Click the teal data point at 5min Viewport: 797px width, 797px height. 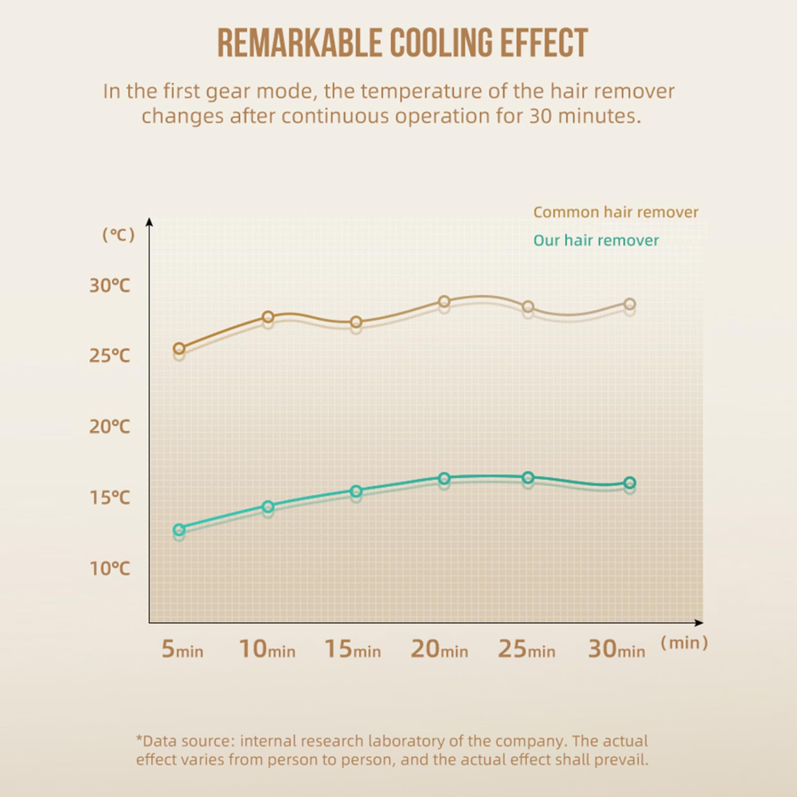pyautogui.click(x=179, y=529)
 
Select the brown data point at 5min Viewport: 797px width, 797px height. pyautogui.click(x=179, y=349)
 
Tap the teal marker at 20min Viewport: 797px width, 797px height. pyautogui.click(x=444, y=478)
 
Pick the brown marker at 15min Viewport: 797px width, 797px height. pyautogui.click(x=356, y=322)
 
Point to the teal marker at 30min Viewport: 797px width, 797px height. pyautogui.click(x=630, y=483)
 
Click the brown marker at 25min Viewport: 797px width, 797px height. pyautogui.click(x=528, y=307)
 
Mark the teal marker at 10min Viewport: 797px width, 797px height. pyautogui.click(x=268, y=506)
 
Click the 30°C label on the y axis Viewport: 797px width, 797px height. pyautogui.click(x=109, y=285)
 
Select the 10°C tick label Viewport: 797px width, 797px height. pyautogui.click(x=109, y=569)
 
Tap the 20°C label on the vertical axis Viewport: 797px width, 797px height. pyautogui.click(x=109, y=426)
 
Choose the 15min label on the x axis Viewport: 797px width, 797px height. pyautogui.click(x=352, y=649)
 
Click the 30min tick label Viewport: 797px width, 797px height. pyautogui.click(x=616, y=649)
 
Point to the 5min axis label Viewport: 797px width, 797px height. pyautogui.click(x=182, y=649)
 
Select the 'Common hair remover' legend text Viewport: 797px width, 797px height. pyautogui.click(x=615, y=212)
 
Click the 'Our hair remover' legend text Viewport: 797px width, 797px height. pyautogui.click(x=596, y=240)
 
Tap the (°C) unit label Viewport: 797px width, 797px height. pyautogui.click(x=118, y=234)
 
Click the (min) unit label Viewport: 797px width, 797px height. pyautogui.click(x=684, y=643)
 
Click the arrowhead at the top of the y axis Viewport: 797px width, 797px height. pyautogui.click(x=149, y=222)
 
